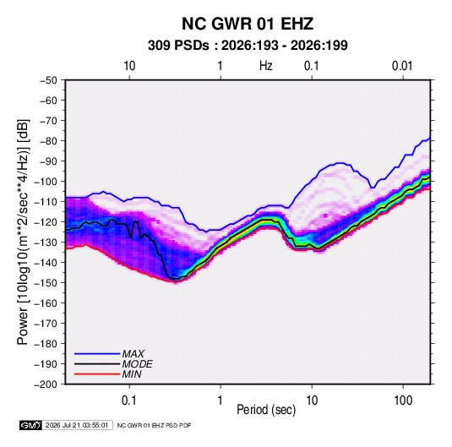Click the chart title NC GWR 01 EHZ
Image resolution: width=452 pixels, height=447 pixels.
248,24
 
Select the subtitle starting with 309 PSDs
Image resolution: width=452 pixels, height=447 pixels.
248,46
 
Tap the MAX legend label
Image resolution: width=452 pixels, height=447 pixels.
133,354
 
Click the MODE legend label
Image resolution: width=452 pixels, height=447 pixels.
137,364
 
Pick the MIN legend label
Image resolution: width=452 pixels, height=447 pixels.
132,374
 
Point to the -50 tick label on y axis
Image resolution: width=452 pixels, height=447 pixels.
48,80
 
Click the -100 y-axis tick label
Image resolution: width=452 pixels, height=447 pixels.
46,182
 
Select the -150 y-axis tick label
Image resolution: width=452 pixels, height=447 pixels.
46,283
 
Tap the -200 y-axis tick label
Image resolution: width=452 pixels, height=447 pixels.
46,384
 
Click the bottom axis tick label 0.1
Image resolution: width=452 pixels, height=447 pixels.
129,401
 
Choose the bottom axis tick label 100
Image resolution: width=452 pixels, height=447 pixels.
403,401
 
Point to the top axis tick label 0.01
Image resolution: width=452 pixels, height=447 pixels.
402,66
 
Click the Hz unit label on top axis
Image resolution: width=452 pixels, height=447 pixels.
266,66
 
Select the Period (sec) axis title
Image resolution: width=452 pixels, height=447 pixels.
266,410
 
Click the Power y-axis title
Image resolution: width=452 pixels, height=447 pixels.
23,232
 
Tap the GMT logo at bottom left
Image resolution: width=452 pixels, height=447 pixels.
31,425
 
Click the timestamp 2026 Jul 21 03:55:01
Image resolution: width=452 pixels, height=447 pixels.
77,425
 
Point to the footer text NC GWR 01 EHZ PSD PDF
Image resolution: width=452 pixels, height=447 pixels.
155,425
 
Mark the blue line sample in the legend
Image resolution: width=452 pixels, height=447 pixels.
97,354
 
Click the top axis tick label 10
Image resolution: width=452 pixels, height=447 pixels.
129,66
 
